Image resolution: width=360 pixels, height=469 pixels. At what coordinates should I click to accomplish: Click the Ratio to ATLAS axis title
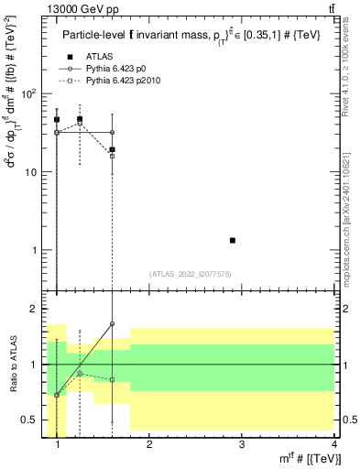tap(12, 365)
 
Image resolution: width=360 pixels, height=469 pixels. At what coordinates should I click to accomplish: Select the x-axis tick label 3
tap(241, 445)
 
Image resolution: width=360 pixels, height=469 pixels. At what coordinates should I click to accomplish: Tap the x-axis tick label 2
tap(149, 445)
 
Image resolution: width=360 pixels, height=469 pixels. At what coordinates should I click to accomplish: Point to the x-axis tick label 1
tap(58, 445)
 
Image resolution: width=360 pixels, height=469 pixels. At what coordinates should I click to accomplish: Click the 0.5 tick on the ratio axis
tap(33, 420)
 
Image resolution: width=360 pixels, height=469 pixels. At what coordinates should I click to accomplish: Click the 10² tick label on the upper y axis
tap(29, 93)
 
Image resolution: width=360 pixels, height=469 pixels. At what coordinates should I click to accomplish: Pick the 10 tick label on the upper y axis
tap(31, 171)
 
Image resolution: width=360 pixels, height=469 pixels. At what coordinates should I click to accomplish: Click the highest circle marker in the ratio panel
tap(112, 323)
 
